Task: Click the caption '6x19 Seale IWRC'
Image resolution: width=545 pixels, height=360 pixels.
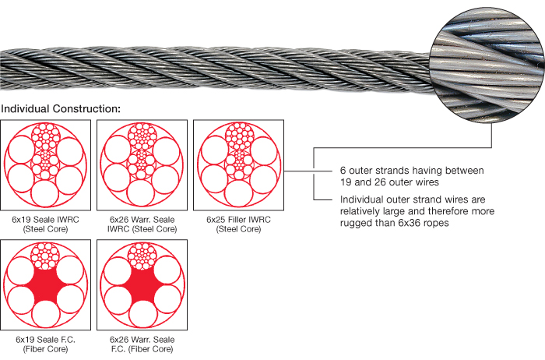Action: [x=46, y=220]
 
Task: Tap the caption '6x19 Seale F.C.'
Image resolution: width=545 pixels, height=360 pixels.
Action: [x=46, y=340]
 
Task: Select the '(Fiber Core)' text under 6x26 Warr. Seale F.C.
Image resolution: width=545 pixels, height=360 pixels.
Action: [x=141, y=350]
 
